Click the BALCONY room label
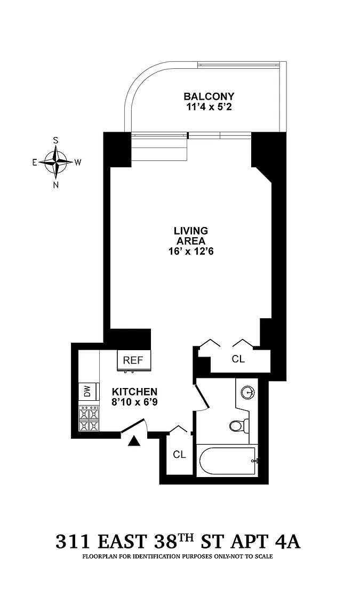pos(209,96)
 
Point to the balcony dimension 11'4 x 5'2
pos(209,107)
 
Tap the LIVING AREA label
pos(191,236)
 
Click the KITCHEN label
pos(135,392)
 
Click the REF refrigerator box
pos(133,360)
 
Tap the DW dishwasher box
pos(87,391)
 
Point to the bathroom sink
pos(247,391)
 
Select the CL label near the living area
pos(238,359)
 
